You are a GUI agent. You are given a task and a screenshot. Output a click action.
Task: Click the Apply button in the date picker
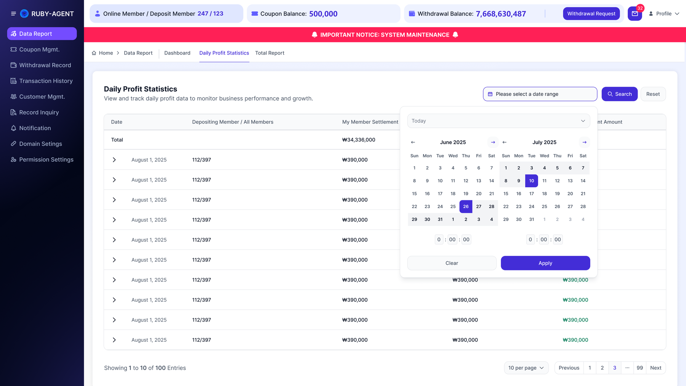pos(545,263)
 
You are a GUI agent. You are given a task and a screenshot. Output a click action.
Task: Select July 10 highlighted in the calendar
pos(532,181)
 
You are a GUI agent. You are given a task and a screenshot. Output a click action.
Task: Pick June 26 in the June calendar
pos(466,206)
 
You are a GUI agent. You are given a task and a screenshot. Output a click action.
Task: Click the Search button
pos(620,94)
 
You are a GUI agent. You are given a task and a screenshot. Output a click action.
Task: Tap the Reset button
pos(653,94)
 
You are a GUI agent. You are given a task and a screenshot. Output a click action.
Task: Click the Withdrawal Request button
pos(591,14)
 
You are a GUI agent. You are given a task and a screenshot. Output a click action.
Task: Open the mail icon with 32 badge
pos(635,14)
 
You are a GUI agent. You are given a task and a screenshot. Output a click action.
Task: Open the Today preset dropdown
pos(498,121)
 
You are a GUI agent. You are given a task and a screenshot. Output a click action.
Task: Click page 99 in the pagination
pos(640,368)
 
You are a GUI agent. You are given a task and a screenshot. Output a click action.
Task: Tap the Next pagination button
pos(656,368)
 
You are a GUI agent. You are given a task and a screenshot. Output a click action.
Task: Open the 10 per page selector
pos(526,368)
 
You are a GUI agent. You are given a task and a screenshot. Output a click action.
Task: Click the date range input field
pos(540,94)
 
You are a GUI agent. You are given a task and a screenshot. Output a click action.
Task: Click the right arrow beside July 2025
pos(584,142)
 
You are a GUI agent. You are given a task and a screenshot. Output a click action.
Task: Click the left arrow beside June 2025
pos(413,142)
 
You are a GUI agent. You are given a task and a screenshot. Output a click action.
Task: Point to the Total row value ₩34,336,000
pos(359,140)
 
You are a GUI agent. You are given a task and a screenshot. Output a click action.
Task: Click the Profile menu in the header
pos(664,14)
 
